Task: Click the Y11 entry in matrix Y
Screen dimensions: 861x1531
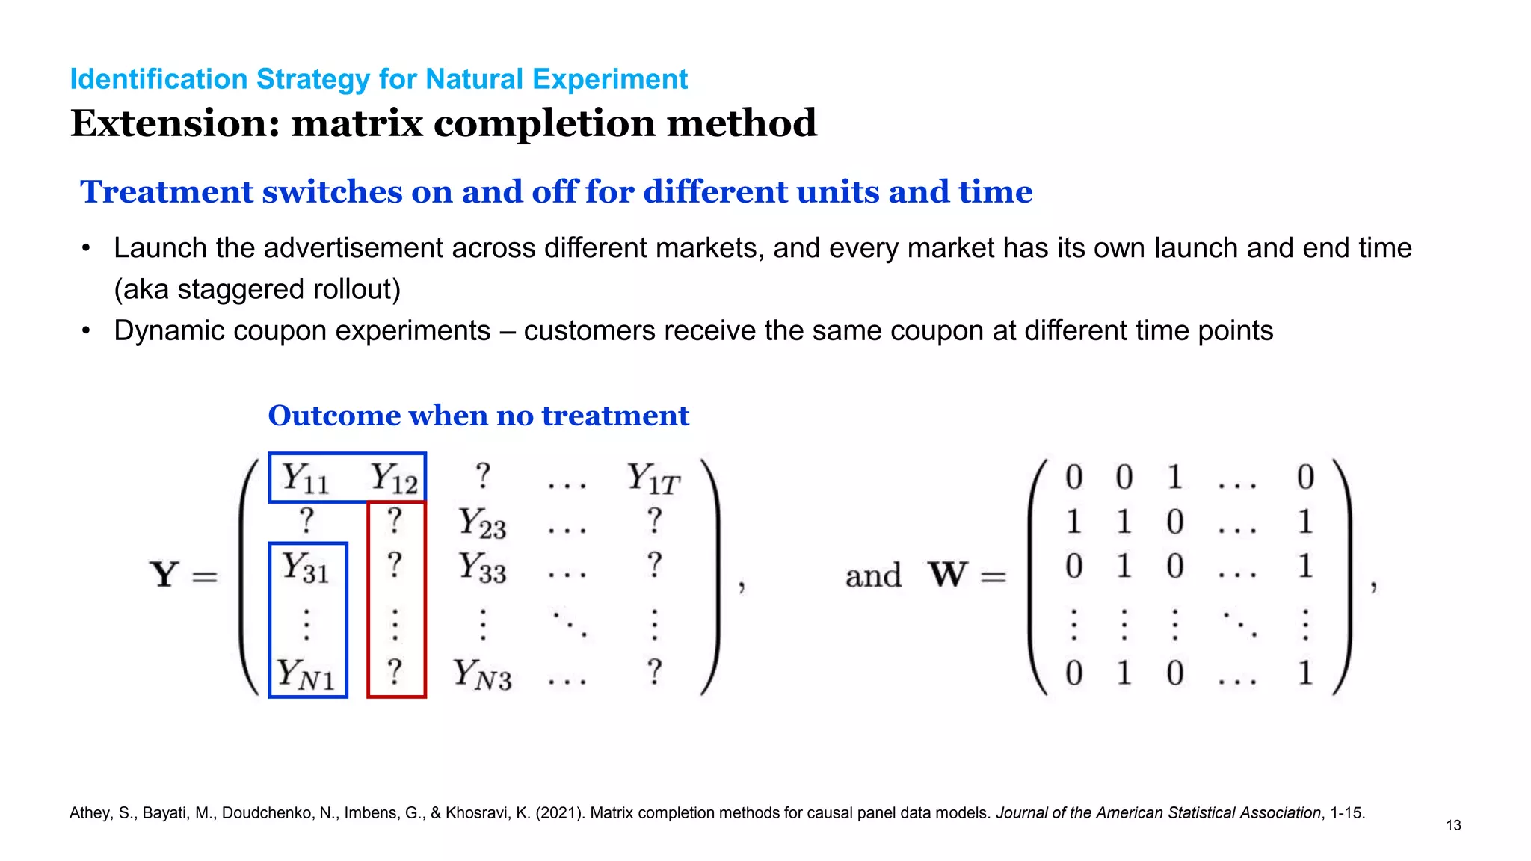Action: coord(306,478)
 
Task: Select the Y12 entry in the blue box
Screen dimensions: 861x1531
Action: coord(394,478)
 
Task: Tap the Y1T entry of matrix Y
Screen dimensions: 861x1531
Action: coord(653,478)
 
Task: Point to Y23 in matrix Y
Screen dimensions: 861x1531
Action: coord(482,522)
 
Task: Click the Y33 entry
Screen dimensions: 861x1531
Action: coord(482,567)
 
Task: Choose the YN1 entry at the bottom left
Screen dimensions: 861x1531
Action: coord(306,673)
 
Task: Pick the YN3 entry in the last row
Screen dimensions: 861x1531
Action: coord(482,673)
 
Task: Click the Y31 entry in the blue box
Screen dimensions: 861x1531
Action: coord(306,567)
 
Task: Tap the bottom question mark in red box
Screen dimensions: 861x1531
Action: coord(395,672)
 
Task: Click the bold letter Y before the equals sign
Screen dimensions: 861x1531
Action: coord(164,575)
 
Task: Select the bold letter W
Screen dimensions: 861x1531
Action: coord(948,575)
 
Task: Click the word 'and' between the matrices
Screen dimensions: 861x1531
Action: coord(873,576)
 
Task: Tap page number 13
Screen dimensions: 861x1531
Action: coord(1453,825)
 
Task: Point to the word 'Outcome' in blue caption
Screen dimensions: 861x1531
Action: coord(334,416)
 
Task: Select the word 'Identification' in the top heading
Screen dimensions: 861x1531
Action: coord(158,79)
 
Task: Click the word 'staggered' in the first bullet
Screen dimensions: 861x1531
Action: coord(237,289)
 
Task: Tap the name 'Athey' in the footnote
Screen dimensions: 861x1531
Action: coord(89,813)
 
